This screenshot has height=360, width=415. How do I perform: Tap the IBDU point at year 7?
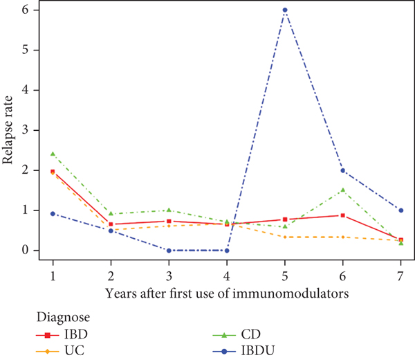coord(401,210)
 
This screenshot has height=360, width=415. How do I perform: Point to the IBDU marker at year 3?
coord(169,251)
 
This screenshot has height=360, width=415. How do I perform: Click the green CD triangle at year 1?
coord(53,154)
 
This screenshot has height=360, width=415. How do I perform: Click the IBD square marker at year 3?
coord(169,221)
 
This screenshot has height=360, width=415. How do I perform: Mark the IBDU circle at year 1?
coord(53,214)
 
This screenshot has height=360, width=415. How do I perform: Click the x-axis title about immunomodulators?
coord(227,293)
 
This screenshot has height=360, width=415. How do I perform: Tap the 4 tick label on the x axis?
coord(227,276)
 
